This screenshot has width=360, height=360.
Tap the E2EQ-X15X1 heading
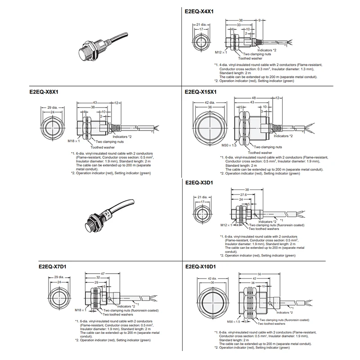202,91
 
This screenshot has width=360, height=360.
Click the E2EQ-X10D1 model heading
202,266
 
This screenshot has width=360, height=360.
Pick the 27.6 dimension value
242,194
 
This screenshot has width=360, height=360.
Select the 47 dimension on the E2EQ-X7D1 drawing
103,273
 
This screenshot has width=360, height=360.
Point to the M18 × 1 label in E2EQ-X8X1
74,140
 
